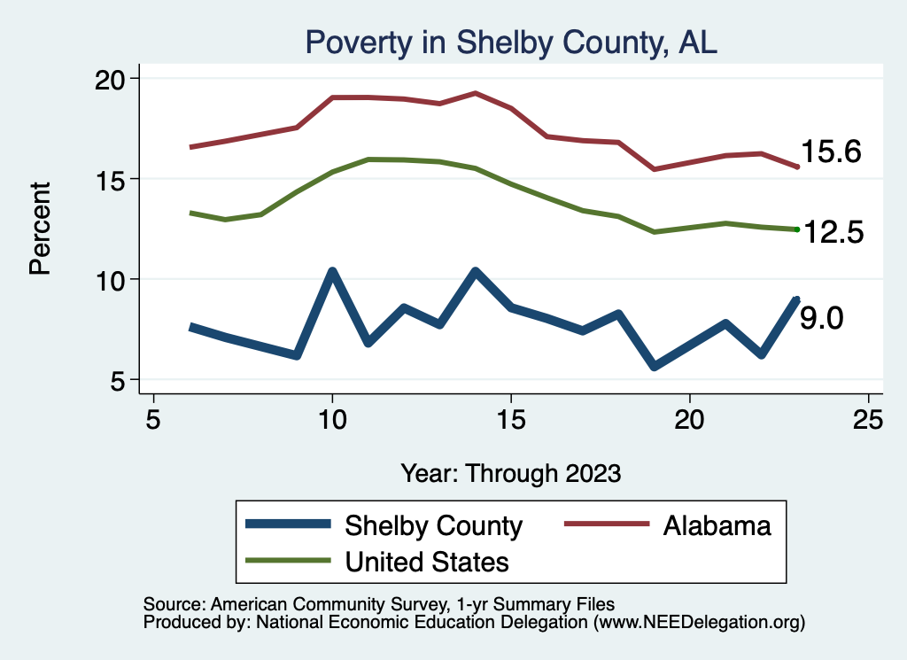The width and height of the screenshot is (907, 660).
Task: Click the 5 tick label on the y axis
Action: point(122,380)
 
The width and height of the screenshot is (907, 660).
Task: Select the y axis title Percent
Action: point(41,228)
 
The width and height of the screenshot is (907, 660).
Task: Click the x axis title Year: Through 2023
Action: point(510,472)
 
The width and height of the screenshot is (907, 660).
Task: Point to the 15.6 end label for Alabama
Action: point(831,152)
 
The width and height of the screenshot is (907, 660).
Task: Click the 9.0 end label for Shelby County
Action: point(821,318)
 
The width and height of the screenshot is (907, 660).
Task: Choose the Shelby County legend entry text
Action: point(433,526)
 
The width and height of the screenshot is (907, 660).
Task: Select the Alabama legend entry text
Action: point(717,526)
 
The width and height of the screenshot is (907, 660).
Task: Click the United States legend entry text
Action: point(427,562)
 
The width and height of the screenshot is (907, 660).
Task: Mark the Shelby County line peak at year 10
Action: point(332,271)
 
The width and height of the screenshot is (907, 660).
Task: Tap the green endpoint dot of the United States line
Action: point(797,229)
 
